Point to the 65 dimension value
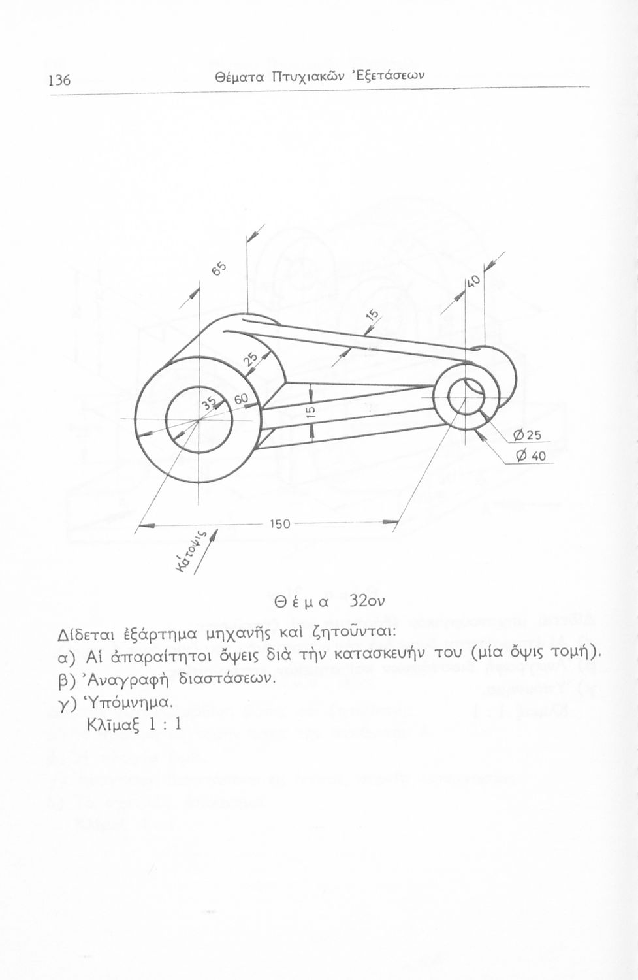tap(220, 269)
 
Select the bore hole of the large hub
tap(195, 421)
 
